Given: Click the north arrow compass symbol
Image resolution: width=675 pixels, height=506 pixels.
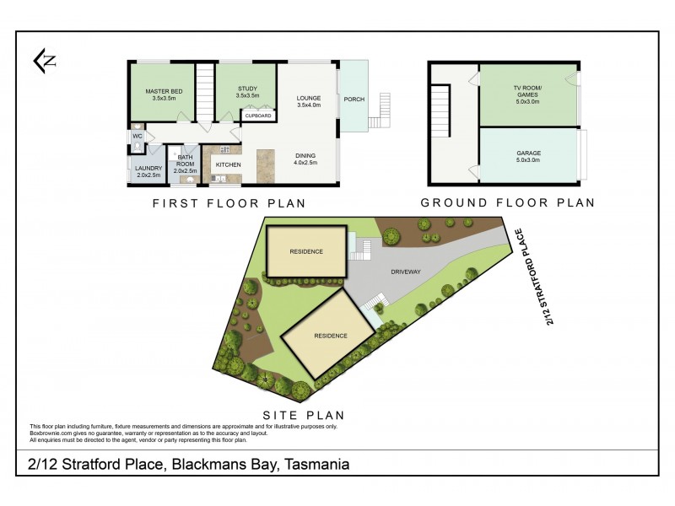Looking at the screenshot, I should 44,59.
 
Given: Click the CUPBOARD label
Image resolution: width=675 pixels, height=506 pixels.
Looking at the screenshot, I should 258,116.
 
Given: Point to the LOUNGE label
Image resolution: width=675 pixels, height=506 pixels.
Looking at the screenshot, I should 308,99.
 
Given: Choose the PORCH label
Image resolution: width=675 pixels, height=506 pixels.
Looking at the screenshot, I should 354,99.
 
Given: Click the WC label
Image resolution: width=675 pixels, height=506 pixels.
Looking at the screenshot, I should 138,134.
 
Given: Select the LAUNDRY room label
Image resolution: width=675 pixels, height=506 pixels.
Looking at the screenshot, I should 148,168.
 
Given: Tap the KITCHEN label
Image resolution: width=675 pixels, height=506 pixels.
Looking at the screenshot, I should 229,164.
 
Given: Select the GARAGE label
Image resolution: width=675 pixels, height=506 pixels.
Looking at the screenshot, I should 529,153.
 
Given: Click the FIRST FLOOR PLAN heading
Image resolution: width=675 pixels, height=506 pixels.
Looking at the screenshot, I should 229,203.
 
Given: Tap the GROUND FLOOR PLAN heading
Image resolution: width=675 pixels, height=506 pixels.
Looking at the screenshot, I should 507,203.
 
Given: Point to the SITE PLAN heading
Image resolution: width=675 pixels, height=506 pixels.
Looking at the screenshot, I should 304,416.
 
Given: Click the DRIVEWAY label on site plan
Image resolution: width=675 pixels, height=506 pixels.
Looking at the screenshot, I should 405,272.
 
